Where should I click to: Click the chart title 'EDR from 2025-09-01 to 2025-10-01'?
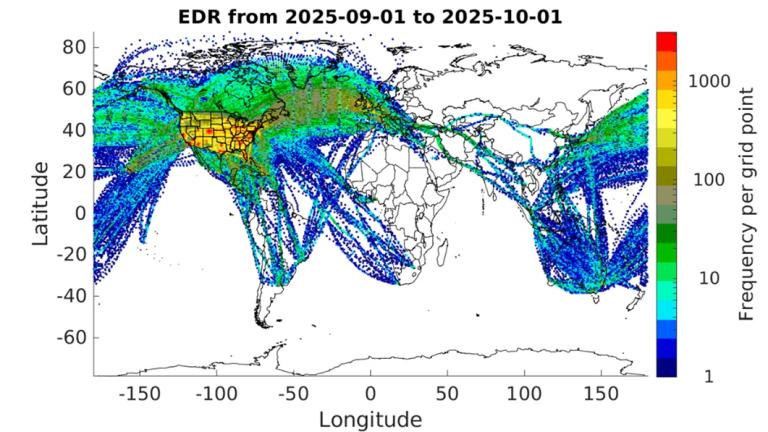click(x=370, y=17)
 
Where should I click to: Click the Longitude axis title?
click(x=370, y=419)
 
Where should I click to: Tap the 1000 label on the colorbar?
click(x=709, y=80)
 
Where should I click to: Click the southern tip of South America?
click(x=264, y=322)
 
